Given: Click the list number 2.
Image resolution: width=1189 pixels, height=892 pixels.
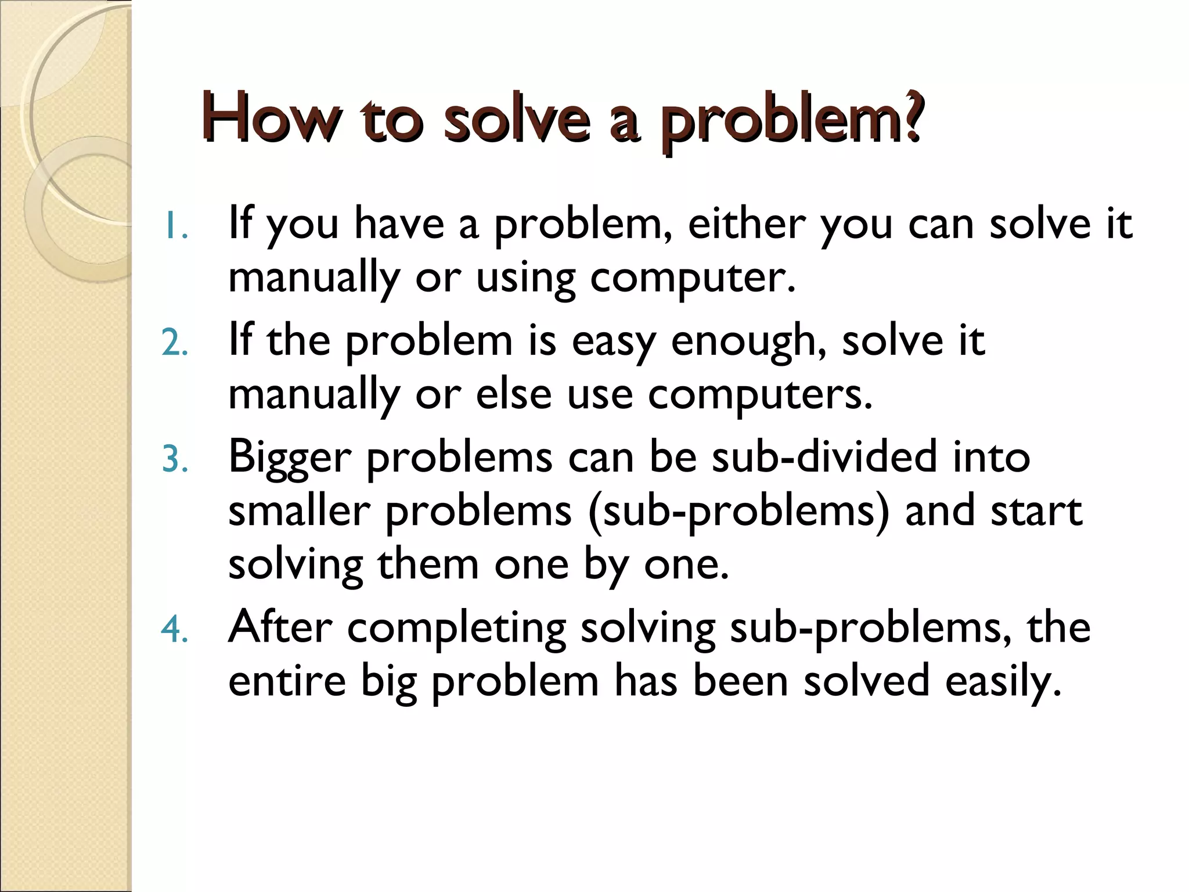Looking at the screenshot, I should [174, 343].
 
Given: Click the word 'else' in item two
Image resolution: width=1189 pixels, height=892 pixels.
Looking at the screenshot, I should [514, 394].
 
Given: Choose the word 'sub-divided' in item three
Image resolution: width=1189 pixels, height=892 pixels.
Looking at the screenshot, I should [824, 456].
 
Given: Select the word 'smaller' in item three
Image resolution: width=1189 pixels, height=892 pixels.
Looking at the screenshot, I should [299, 510].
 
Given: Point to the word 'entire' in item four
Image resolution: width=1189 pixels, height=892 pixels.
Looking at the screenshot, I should [287, 681].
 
